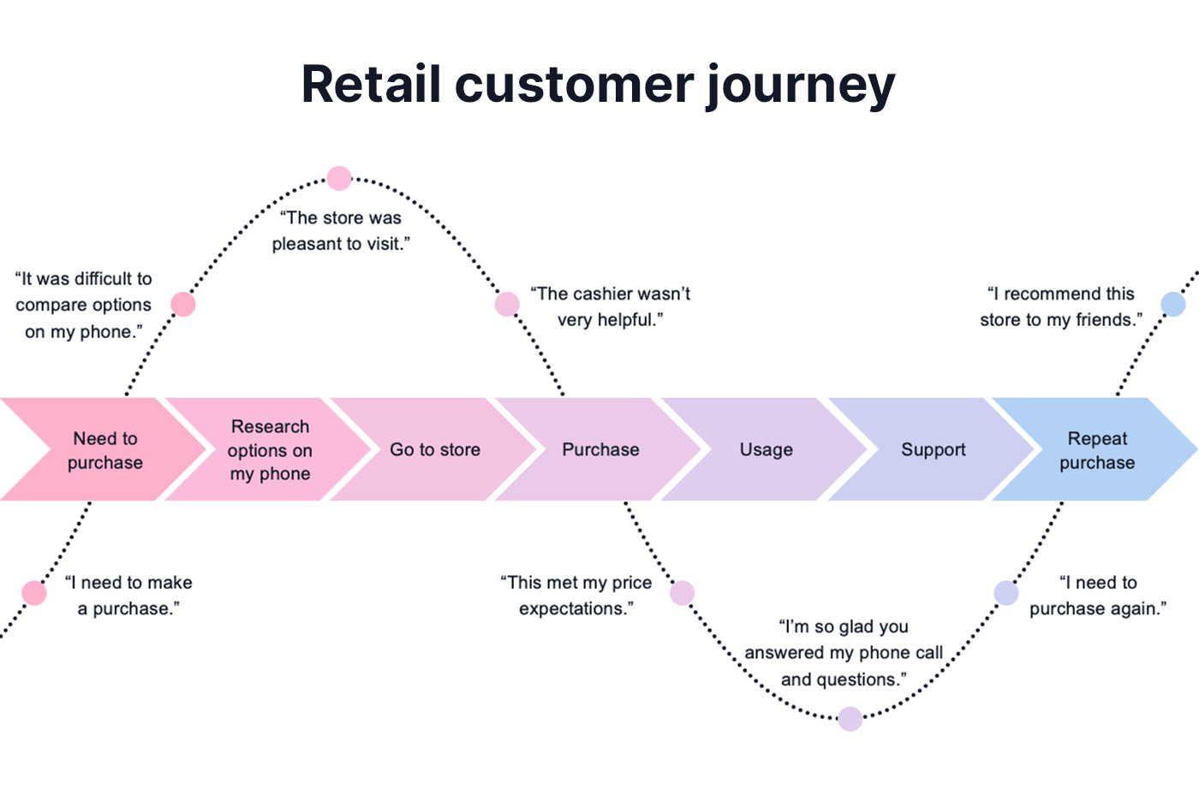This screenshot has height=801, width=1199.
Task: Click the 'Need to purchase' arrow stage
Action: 104,450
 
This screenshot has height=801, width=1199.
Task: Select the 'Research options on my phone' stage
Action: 270,450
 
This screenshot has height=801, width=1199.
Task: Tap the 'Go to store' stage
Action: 435,450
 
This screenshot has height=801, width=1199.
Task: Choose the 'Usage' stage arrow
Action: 766,450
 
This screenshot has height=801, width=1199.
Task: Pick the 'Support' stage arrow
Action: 933,450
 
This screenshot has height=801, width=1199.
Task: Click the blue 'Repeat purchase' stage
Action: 1096,450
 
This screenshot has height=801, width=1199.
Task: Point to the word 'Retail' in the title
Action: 371,85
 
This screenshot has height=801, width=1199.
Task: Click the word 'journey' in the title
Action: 800,85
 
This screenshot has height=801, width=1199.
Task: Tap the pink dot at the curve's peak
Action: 339,178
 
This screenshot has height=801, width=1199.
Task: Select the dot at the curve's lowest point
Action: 850,719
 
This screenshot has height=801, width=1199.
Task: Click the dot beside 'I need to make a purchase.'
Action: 34,592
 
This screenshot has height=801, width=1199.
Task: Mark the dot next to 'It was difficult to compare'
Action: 183,304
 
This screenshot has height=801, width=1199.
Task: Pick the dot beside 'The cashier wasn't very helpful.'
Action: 507,304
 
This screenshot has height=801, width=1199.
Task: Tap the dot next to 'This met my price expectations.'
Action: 682,592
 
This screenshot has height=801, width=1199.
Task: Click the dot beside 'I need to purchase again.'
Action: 1005,592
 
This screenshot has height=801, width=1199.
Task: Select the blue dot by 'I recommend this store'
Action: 1172,304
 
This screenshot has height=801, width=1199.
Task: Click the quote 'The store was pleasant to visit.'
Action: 341,231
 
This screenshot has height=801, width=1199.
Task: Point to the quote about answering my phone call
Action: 844,653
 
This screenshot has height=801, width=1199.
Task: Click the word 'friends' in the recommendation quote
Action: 1105,320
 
